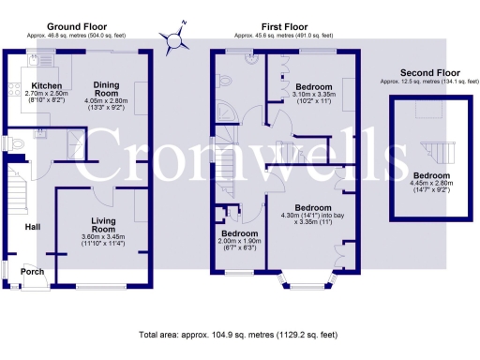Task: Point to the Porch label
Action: tap(33, 272)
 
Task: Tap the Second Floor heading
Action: tap(429, 72)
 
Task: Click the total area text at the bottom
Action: tap(239, 334)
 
